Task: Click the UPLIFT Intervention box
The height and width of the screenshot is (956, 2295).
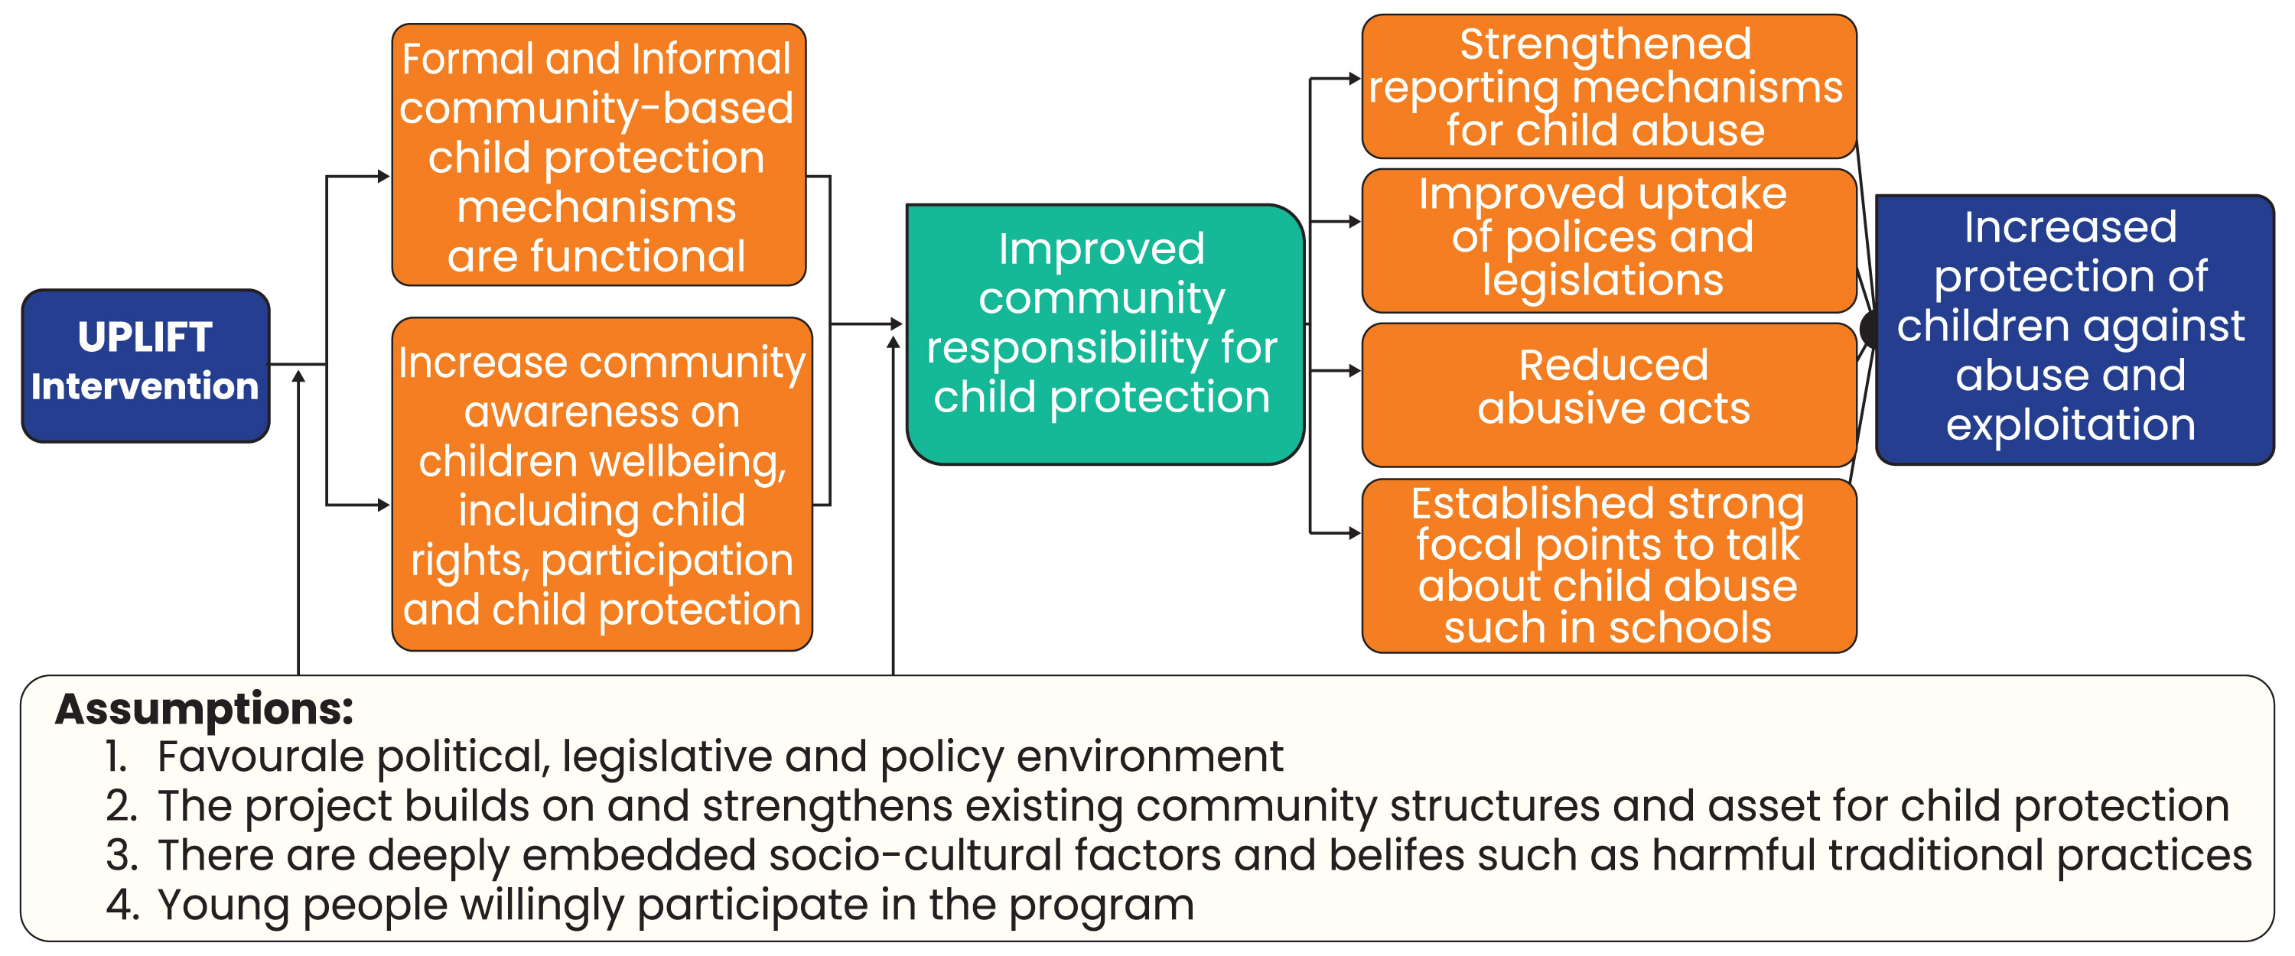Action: click(145, 366)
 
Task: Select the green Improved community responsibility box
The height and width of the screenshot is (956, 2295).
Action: click(1105, 334)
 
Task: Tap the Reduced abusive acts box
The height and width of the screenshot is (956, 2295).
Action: click(1609, 395)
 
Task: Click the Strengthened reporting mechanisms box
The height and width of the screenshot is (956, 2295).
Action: click(1609, 86)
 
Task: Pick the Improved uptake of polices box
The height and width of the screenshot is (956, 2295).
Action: click(1609, 241)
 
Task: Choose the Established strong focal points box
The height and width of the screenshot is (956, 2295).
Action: click(1609, 566)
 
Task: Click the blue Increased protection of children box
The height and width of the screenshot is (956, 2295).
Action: click(2074, 330)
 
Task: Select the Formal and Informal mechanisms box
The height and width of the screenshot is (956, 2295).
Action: click(599, 155)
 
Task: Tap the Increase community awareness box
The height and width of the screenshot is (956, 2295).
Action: click(602, 484)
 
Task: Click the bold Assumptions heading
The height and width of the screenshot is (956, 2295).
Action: click(204, 709)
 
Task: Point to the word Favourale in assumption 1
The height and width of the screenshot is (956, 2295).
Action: click(260, 756)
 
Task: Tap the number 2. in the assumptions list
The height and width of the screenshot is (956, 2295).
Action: click(121, 805)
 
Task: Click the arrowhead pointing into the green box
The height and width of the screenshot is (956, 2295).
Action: click(897, 324)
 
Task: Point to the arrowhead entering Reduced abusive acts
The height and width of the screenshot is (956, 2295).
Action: click(1355, 371)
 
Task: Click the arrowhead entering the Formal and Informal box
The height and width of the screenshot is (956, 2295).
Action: click(384, 177)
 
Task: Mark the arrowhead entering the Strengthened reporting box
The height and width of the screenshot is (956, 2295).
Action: click(1355, 79)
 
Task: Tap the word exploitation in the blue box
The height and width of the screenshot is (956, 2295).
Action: click(2071, 424)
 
